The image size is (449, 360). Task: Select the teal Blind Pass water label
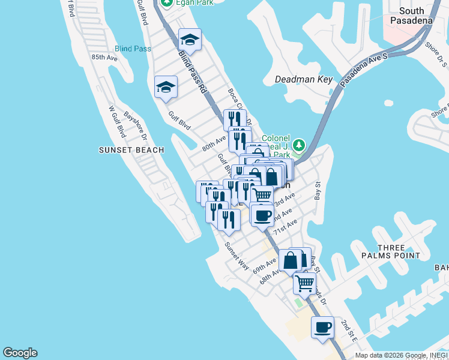coord(133,49)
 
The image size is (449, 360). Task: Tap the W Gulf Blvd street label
coord(117,122)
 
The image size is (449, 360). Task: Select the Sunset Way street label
coord(237,255)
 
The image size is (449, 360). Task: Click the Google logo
coord(20,353)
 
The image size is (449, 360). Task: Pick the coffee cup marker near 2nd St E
coord(322,328)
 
